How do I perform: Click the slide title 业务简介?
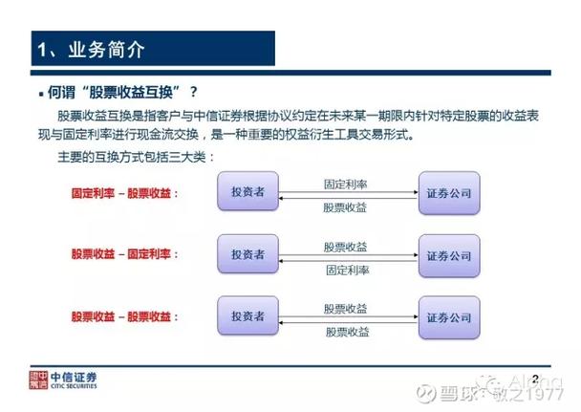(x=91, y=49)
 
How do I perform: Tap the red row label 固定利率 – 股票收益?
(x=125, y=192)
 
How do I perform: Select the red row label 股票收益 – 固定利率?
(x=125, y=255)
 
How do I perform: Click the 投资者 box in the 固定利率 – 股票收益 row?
(x=247, y=191)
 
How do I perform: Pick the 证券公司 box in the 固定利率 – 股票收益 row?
(x=448, y=191)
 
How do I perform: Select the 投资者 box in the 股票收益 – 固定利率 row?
(x=247, y=255)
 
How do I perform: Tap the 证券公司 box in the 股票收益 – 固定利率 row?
(x=448, y=255)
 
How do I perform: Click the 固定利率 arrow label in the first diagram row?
(x=347, y=182)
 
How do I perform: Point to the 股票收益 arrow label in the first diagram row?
(x=347, y=206)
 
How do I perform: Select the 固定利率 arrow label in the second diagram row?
(x=347, y=271)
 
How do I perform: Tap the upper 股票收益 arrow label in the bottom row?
(x=347, y=307)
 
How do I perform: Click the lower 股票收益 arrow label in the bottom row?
(x=347, y=331)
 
